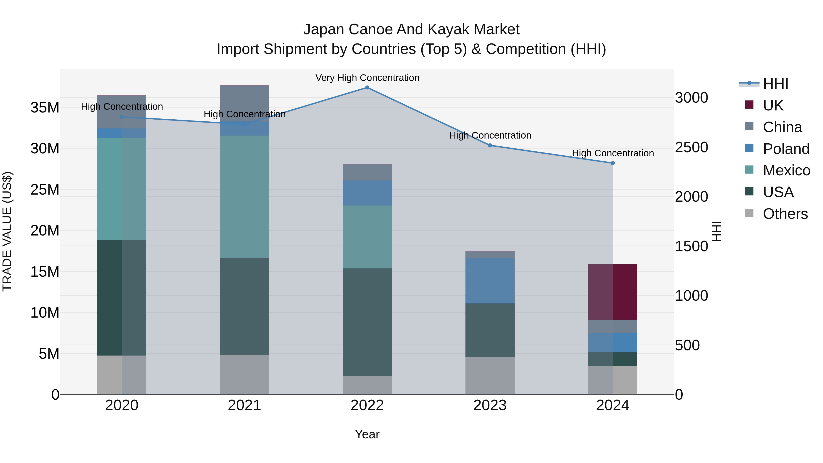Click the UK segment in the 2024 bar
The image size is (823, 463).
pyautogui.click(x=612, y=292)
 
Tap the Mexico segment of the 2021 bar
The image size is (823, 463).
pyautogui.click(x=244, y=196)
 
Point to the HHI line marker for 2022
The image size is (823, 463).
pyautogui.click(x=367, y=88)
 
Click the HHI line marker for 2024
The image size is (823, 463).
pyautogui.click(x=612, y=163)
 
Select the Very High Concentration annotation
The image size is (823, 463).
pyautogui.click(x=367, y=78)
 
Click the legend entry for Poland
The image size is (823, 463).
pyautogui.click(x=786, y=149)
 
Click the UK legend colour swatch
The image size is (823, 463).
pyautogui.click(x=749, y=105)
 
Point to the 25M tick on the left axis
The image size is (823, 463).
pyautogui.click(x=45, y=190)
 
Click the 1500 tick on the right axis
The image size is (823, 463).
pyautogui.click(x=691, y=246)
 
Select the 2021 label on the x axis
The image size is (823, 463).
pyautogui.click(x=244, y=405)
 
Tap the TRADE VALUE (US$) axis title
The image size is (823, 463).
pyautogui.click(x=7, y=231)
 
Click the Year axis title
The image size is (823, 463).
pyautogui.click(x=367, y=434)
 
